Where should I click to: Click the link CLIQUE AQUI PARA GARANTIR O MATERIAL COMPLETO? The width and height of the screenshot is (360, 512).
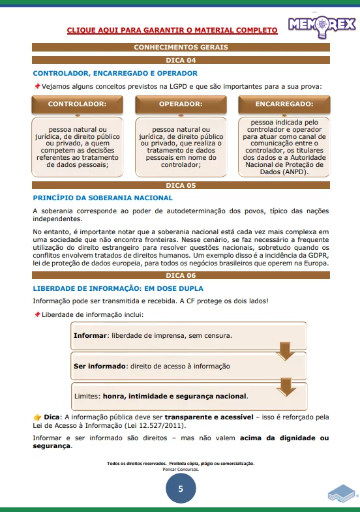click(172, 30)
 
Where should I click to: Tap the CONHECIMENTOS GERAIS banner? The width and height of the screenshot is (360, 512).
click(180, 48)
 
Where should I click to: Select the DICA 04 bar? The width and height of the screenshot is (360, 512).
click(180, 60)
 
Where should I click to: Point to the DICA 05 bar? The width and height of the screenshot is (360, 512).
click(180, 186)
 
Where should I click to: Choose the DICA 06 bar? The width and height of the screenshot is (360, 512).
click(180, 276)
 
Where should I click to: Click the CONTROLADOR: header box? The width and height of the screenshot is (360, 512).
click(77, 104)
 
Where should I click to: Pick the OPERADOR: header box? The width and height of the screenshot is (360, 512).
click(181, 104)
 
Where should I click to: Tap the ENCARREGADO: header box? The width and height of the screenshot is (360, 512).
click(284, 104)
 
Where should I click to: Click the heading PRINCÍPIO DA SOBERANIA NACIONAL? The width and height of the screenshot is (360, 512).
click(102, 198)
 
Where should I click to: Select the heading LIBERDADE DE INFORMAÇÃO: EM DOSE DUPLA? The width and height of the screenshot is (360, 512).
click(118, 288)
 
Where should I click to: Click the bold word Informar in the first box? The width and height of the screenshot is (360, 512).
click(91, 336)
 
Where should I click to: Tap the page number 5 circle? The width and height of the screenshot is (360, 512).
click(180, 489)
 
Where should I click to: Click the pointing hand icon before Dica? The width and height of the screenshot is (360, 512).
click(37, 417)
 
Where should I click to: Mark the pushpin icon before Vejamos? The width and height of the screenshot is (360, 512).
click(37, 86)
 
